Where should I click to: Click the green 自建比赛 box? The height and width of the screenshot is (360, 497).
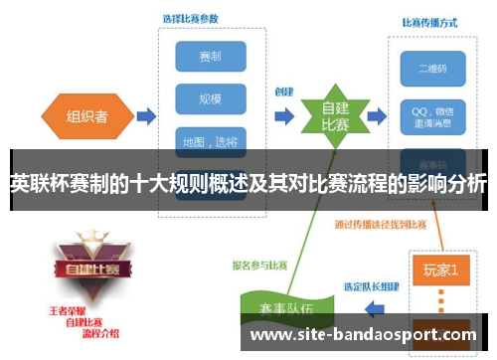pos(334,116)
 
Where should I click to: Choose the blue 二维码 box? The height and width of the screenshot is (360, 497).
pos(430,69)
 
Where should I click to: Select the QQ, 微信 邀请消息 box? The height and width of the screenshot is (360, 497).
pos(430,111)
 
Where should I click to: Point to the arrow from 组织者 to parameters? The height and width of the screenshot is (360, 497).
pos(144,116)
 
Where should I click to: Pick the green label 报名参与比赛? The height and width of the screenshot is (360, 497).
pos(260,265)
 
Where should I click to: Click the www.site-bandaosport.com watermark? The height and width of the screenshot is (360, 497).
pos(363,335)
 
